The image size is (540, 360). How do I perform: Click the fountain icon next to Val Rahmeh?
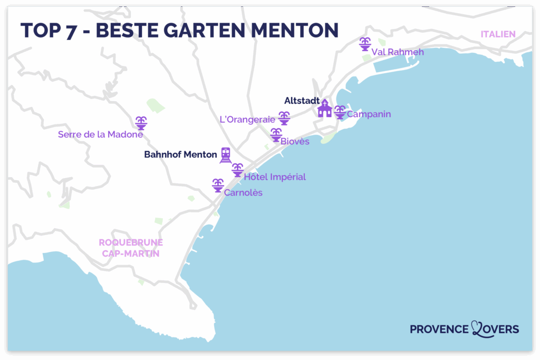tap(364, 44)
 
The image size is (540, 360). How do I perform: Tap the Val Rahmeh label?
tap(397, 52)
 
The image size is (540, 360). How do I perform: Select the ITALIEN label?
tap(497, 34)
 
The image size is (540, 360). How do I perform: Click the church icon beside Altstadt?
tap(324, 109)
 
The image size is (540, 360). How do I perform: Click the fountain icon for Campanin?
tap(340, 112)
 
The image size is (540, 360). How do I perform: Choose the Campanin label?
tap(369, 114)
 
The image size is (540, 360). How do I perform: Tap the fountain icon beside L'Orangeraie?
tap(284, 118)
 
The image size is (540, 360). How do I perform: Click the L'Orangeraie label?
tap(247, 120)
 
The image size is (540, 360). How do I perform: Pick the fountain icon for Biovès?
tap(276, 135)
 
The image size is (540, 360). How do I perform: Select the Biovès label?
tap(295, 141)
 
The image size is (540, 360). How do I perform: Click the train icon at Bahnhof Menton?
tap(226, 155)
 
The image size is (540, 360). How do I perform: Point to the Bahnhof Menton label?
tap(180, 155)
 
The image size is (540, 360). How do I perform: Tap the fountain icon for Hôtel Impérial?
tap(238, 170)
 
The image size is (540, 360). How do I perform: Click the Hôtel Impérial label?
tap(274, 177)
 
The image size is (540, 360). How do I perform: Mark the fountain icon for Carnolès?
tap(217, 186)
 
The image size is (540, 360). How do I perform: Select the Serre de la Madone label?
tap(100, 134)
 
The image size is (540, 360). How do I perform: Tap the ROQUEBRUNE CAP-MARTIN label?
tap(131, 248)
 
